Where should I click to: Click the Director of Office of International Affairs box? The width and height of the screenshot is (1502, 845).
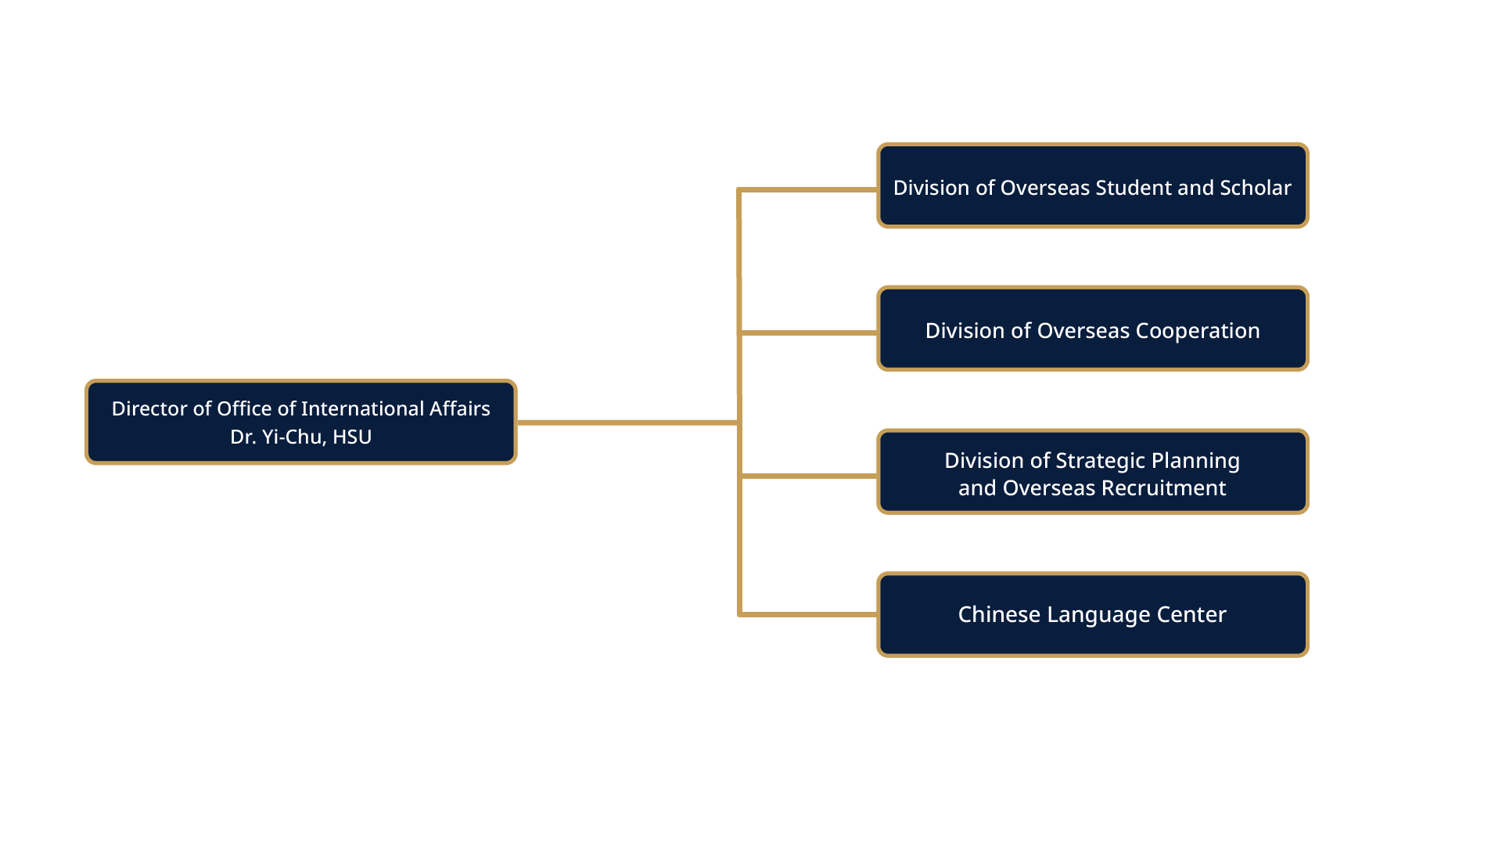[x=300, y=422]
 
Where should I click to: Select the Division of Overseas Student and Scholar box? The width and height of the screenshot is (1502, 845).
[x=1092, y=186]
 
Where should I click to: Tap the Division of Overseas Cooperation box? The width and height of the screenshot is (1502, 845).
[x=1092, y=329]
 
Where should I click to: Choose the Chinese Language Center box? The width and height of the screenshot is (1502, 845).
[x=1092, y=615]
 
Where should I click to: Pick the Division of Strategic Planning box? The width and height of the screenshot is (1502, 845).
[x=1092, y=472]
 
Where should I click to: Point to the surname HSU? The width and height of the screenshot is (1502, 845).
[x=352, y=437]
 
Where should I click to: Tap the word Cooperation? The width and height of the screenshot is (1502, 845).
[x=1197, y=331]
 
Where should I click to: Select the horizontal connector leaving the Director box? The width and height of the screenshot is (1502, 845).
[x=626, y=422]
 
